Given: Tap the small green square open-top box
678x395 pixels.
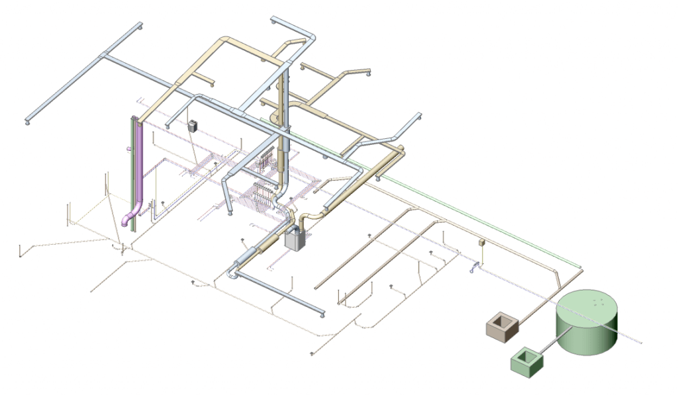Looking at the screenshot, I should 527,361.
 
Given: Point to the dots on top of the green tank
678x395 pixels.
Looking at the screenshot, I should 597,302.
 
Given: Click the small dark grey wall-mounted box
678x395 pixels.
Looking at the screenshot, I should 193,126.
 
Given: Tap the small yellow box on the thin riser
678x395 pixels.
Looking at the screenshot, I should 482,243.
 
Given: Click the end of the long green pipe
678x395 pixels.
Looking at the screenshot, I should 580,267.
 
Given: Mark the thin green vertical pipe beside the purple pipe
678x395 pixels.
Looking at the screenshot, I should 132,172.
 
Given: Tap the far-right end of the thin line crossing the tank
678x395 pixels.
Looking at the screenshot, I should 642,342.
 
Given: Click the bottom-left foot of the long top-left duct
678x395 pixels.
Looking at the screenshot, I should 27,122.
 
